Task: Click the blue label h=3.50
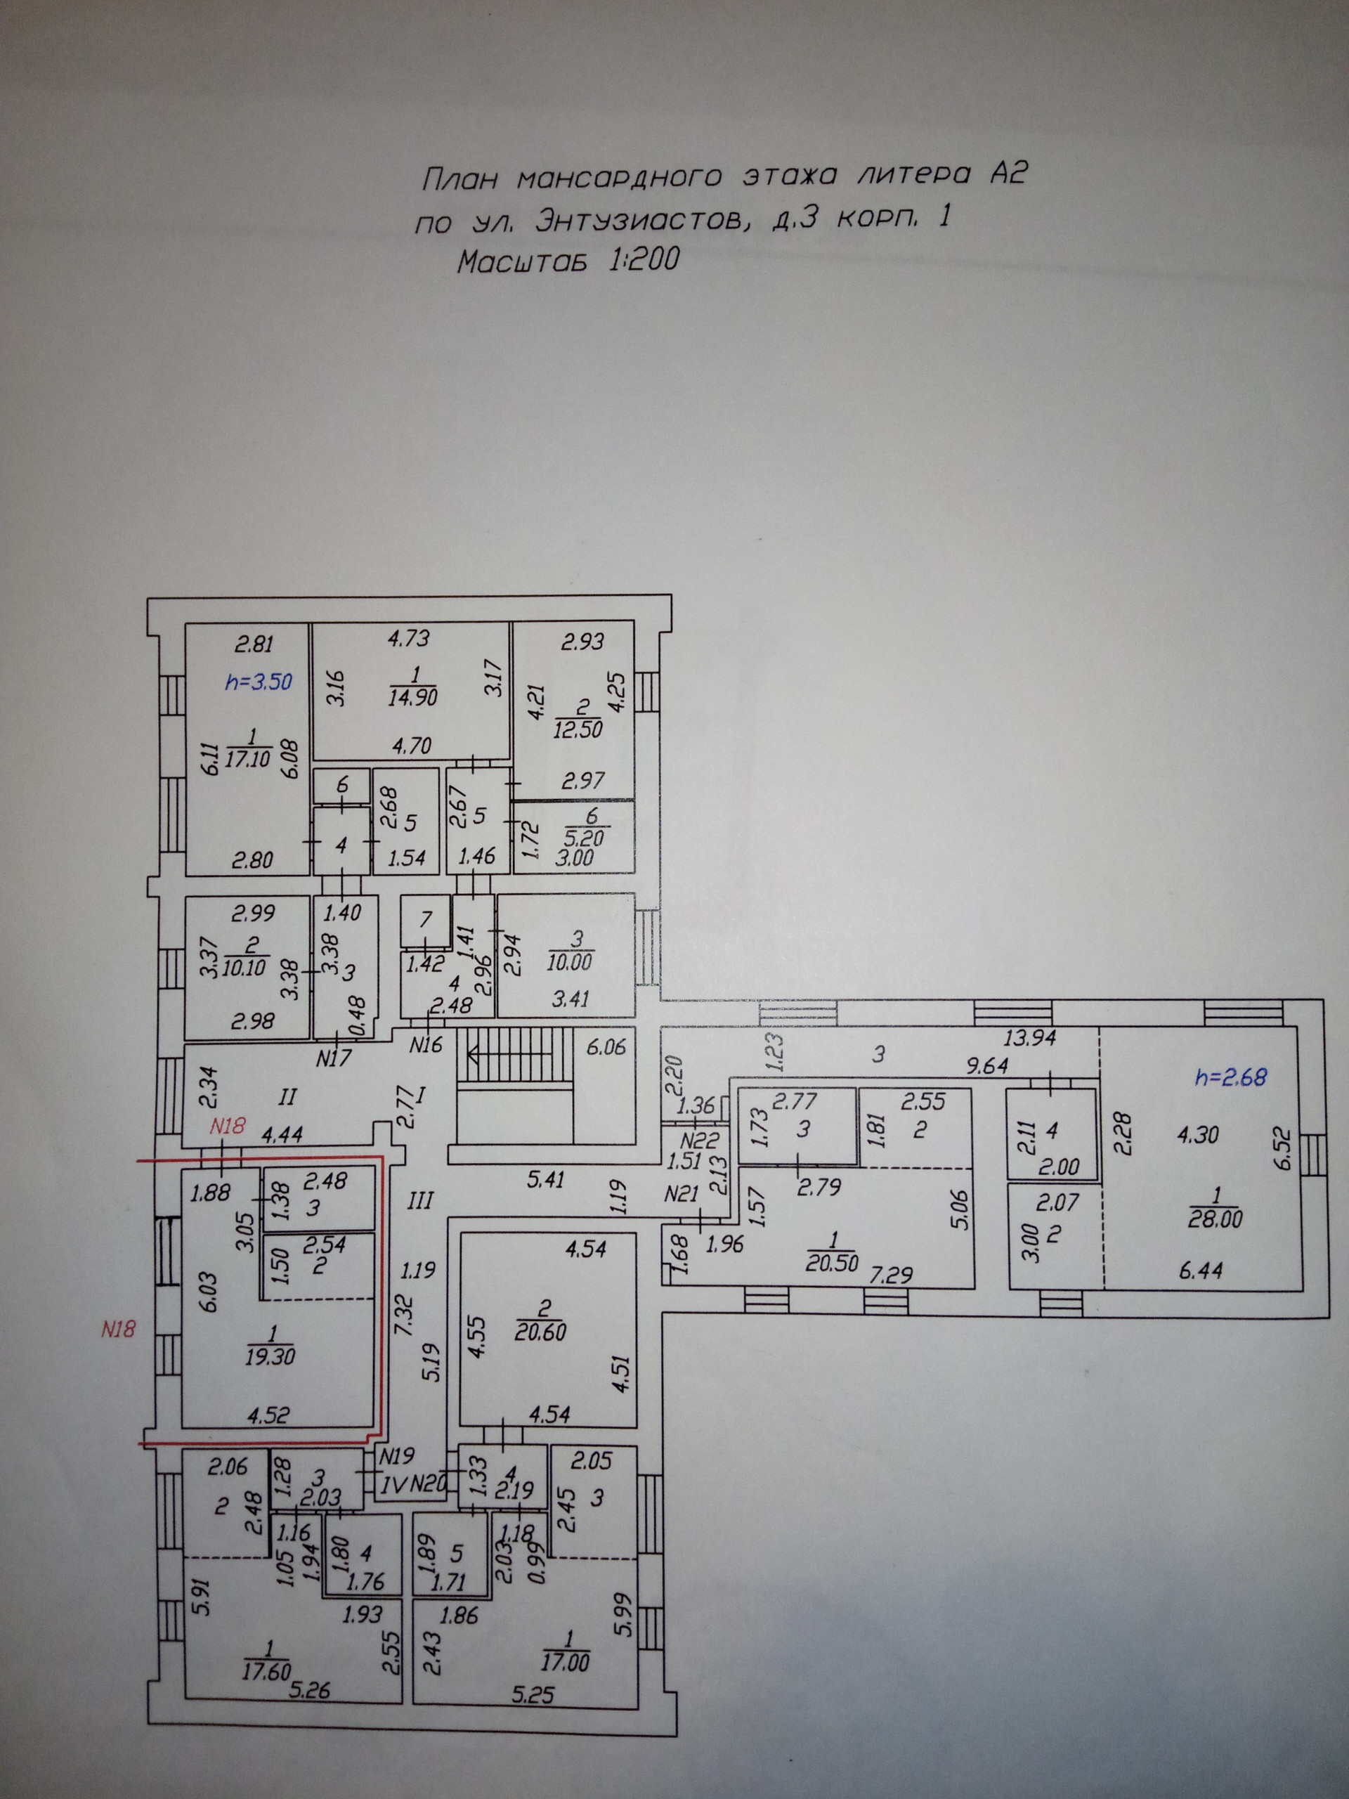coord(258,681)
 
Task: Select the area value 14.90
coord(413,697)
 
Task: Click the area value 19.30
coord(269,1356)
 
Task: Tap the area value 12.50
coord(578,729)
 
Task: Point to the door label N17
coord(334,1059)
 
